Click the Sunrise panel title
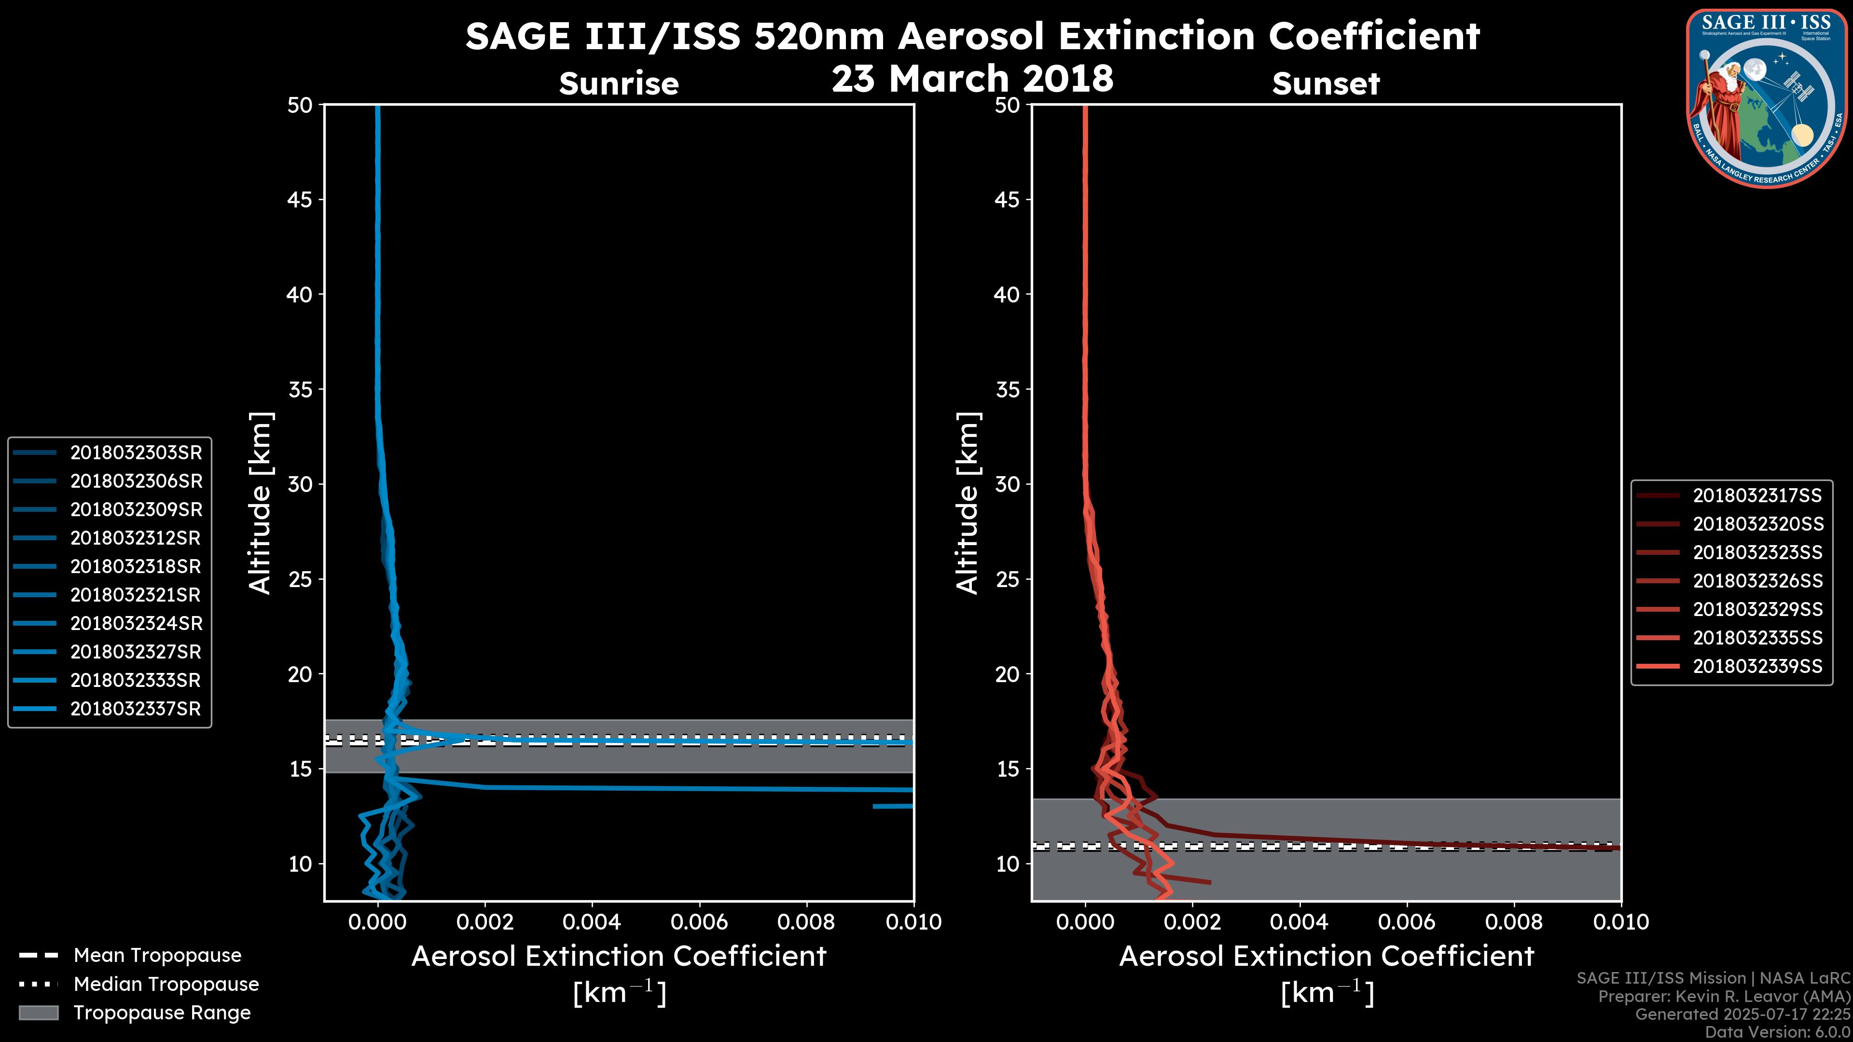[x=619, y=83]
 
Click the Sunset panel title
[x=1326, y=83]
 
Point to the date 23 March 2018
[x=972, y=78]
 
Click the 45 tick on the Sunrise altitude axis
[x=300, y=199]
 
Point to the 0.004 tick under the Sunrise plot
[x=592, y=922]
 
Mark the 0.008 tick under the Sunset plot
[x=1514, y=922]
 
